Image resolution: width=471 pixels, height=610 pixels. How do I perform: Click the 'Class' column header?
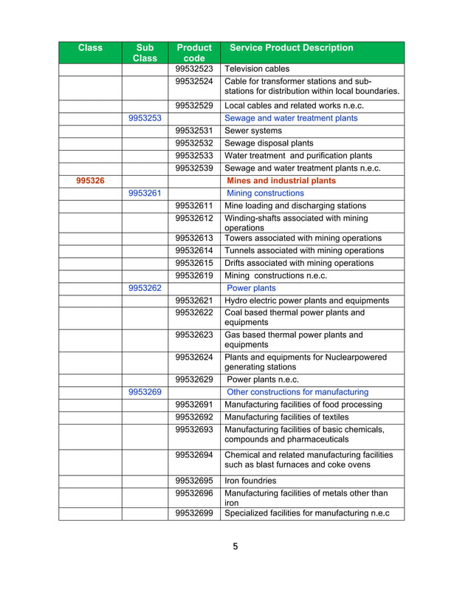point(90,48)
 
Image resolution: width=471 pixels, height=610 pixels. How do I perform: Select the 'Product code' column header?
point(194,52)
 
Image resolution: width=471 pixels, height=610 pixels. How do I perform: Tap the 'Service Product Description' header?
point(292,48)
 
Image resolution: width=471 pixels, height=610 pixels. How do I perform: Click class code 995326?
point(90,180)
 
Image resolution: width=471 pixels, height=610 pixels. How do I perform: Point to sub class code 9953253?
point(145,118)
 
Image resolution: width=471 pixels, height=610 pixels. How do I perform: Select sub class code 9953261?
point(145,193)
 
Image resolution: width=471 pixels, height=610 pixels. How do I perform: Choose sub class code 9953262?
point(145,288)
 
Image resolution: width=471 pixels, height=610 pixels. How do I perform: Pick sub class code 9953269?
point(145,392)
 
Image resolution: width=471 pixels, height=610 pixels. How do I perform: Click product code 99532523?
point(194,69)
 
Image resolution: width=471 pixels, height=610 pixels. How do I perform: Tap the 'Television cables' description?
point(257,69)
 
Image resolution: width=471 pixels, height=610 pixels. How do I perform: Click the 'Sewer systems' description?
point(252,131)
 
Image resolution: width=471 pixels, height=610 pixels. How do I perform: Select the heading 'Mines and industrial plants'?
point(281,180)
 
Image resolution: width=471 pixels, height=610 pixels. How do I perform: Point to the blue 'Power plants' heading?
point(251,288)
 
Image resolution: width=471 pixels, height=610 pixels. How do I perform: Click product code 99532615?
point(194,263)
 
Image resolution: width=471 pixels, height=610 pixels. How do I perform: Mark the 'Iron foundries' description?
point(250,481)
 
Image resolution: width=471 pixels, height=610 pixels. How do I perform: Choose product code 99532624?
point(194,357)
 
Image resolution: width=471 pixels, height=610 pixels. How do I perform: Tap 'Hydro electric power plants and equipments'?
point(306,301)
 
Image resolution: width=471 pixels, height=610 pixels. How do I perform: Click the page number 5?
point(235,547)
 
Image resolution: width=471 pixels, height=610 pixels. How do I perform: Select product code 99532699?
point(194,513)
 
